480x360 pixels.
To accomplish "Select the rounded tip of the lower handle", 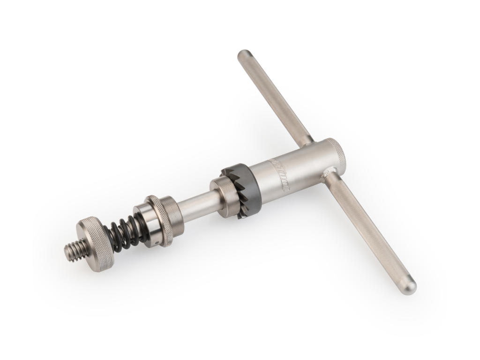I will click(409, 286).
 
